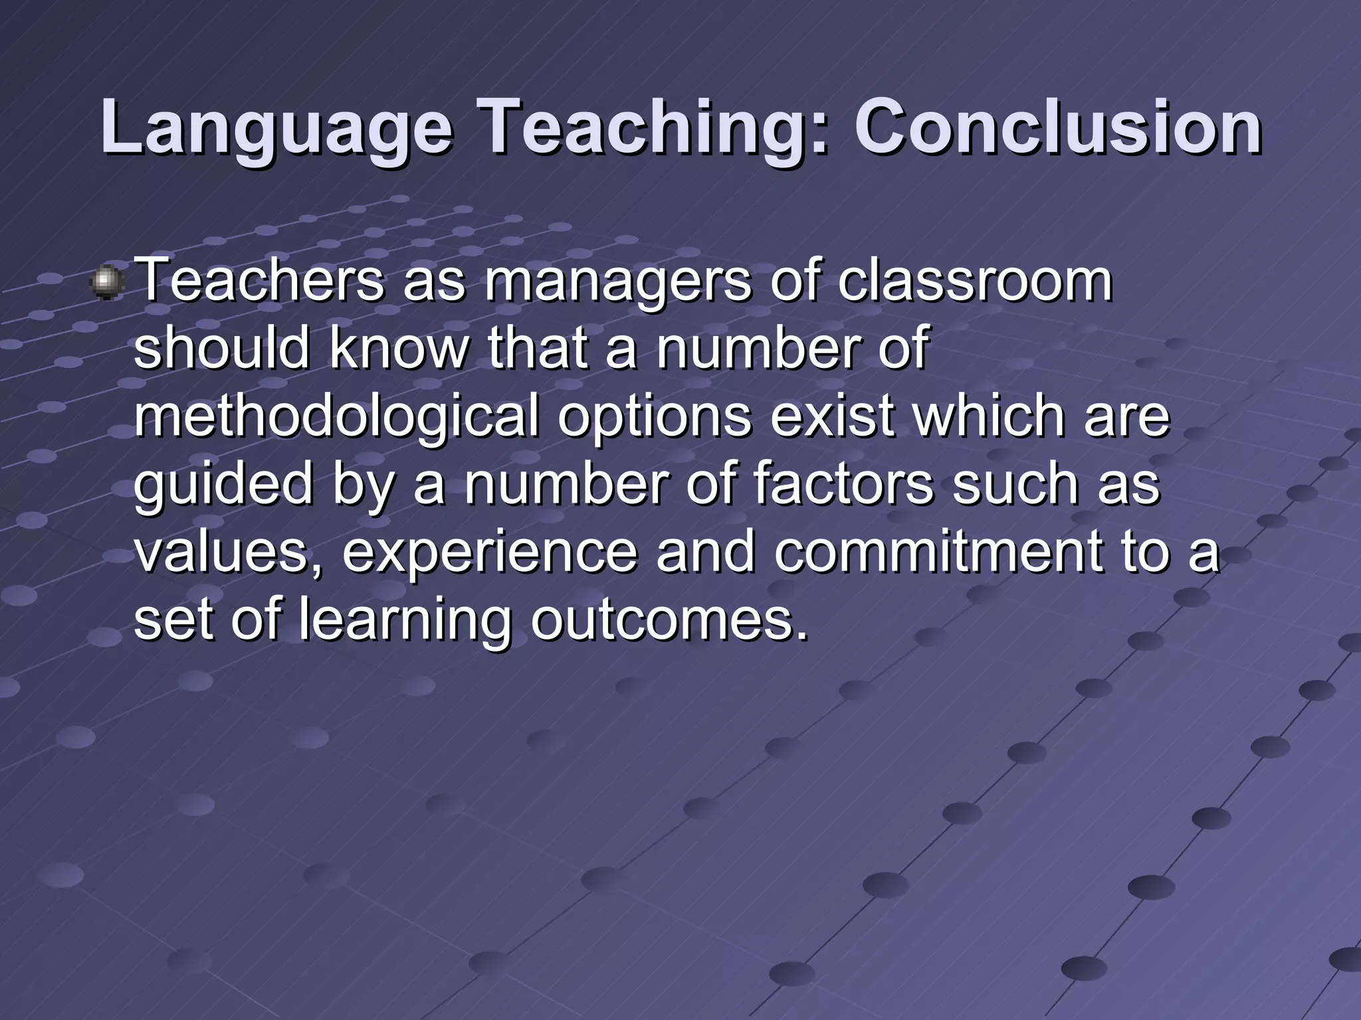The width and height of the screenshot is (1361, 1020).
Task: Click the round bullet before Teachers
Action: [106, 282]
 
